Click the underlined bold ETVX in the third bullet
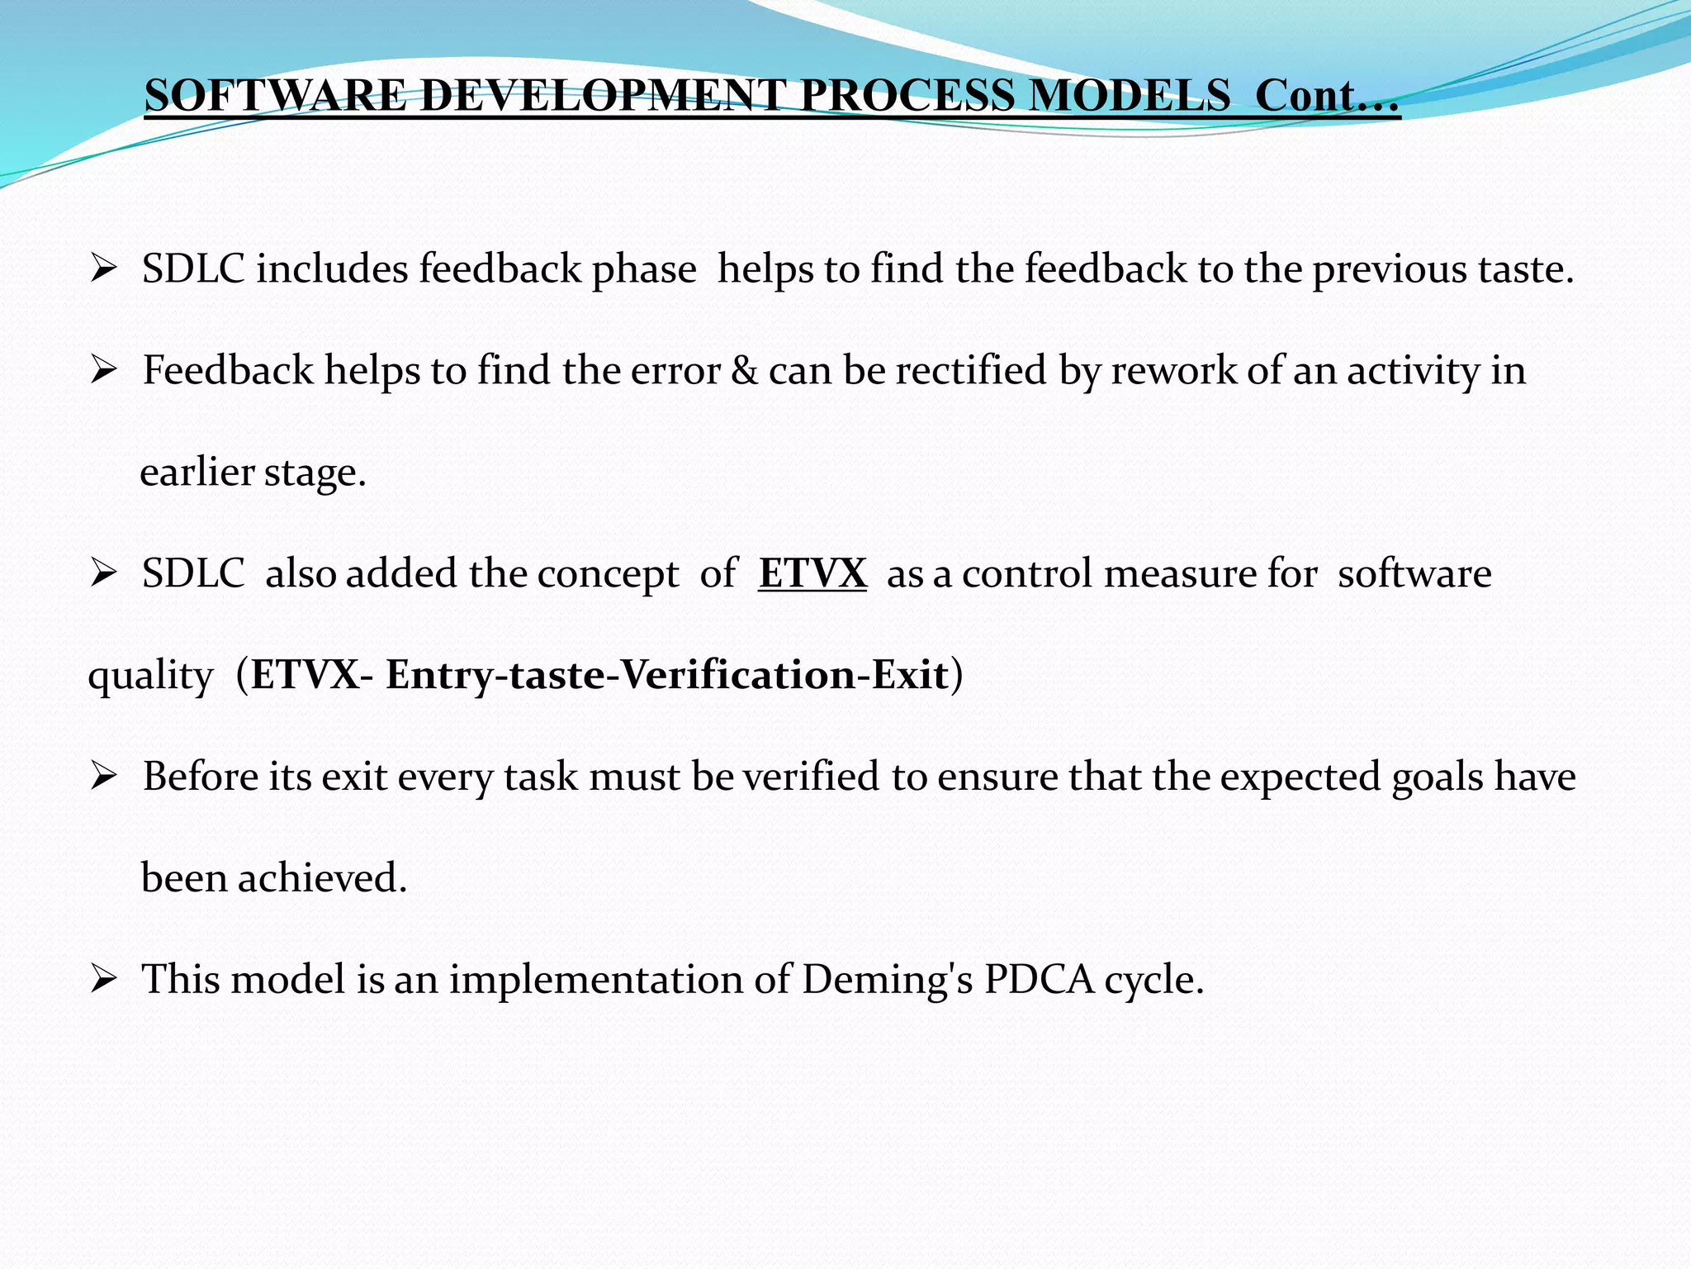click(x=812, y=573)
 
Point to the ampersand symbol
click(x=744, y=370)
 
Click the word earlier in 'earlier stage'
click(x=197, y=473)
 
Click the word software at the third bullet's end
click(x=1414, y=573)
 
